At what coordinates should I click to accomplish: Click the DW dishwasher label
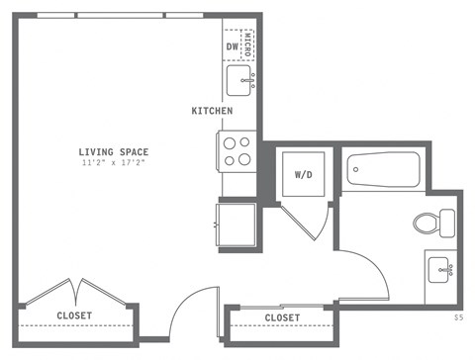pos(233,45)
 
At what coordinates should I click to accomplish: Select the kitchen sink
pos(239,80)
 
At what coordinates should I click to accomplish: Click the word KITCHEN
pos(212,111)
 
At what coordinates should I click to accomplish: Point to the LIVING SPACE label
pos(114,151)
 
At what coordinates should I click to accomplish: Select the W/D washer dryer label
pos(305,174)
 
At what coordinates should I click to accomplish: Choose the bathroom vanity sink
pos(439,267)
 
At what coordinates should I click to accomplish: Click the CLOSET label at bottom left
pos(74,315)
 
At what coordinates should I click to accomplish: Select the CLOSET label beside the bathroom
pos(283,317)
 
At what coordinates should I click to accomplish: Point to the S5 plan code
pos(458,317)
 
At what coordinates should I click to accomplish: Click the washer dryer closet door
pos(315,223)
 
